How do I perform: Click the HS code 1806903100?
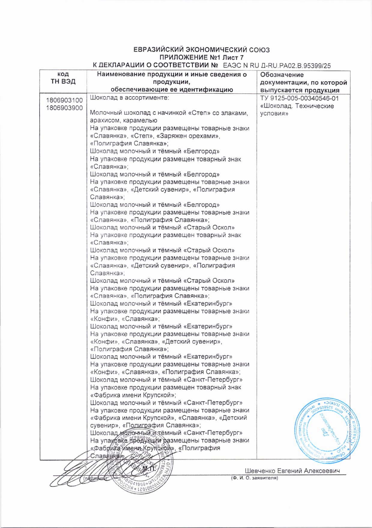point(64,100)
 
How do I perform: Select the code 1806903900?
point(64,108)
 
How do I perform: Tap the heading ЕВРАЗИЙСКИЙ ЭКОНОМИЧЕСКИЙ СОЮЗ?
point(201,50)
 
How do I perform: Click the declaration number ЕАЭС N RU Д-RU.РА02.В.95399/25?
point(277,65)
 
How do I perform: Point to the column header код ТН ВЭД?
point(63,78)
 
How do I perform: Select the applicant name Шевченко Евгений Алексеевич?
point(292,471)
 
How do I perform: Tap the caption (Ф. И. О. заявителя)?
point(254,478)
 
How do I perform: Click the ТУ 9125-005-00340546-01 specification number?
point(299,98)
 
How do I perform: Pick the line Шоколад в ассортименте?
point(129,98)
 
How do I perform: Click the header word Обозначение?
point(282,75)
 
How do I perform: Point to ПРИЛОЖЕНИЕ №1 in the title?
point(183,58)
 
